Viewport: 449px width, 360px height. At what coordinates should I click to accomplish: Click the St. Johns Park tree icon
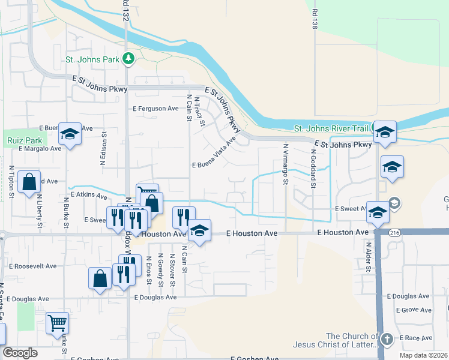click(x=128, y=58)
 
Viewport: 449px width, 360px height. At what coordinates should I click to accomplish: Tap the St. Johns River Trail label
click(x=331, y=128)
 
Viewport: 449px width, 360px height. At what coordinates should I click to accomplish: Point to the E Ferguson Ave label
click(x=156, y=109)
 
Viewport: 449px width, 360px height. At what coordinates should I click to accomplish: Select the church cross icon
click(x=387, y=340)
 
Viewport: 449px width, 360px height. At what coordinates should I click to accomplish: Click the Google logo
click(x=20, y=353)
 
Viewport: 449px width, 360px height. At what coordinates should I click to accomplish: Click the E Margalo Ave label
click(x=40, y=148)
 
